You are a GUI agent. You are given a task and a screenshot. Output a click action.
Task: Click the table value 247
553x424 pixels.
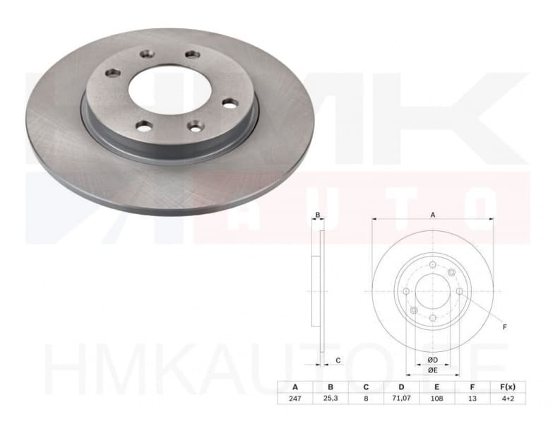coord(294,399)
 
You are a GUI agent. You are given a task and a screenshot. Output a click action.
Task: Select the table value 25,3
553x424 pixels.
coord(330,399)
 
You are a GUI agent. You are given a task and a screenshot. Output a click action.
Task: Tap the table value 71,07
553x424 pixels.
coord(400,399)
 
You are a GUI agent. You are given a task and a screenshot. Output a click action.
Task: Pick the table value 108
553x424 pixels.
coord(436,399)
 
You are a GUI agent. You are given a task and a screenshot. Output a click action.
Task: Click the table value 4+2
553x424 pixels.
coord(507,399)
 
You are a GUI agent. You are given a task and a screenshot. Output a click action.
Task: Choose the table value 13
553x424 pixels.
coord(472,399)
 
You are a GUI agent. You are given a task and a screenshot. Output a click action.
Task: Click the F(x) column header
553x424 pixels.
coord(507,387)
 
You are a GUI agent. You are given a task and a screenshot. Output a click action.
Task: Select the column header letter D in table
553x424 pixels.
coord(400,387)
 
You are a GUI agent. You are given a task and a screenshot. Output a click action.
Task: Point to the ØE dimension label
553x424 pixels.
coord(432,370)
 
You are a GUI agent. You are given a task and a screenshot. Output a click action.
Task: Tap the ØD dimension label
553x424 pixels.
coord(432,360)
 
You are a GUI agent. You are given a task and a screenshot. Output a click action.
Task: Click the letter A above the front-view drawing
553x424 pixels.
coord(433,215)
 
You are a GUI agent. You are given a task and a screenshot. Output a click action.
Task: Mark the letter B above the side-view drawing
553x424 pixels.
coord(318,215)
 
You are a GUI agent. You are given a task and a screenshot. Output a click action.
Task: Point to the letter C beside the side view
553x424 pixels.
coord(338,361)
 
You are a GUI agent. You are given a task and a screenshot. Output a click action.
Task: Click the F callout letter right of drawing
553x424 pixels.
coord(504,327)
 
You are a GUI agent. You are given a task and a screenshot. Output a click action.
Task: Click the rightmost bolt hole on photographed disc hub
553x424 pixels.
coord(230,103)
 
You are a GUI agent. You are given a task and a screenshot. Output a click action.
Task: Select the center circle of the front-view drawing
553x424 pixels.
coord(432,291)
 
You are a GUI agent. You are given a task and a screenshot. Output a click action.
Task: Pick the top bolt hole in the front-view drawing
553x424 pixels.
coord(432,264)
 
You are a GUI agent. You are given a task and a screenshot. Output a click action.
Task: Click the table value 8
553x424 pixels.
coord(365,399)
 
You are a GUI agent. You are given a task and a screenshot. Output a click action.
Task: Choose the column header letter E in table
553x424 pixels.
coord(436,387)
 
